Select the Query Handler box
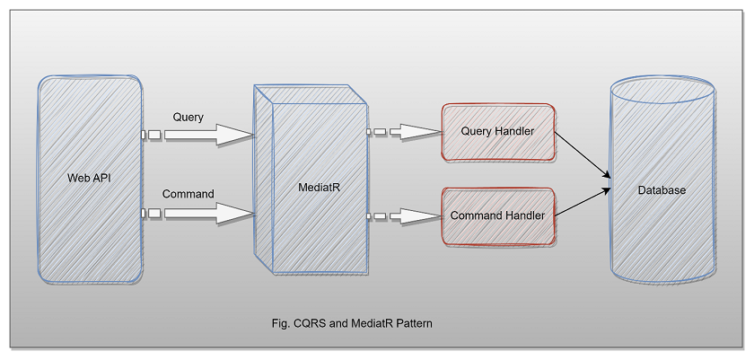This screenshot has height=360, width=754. coord(497,132)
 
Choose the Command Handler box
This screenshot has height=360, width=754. coord(497,215)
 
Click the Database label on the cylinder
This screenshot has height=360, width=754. coord(662,190)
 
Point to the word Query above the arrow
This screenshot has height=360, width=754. coord(189,117)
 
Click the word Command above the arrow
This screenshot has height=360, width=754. coord(188,194)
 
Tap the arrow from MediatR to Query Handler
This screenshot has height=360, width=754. coord(408,132)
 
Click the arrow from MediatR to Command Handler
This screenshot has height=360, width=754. coord(408,215)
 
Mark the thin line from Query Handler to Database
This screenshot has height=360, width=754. coord(583,154)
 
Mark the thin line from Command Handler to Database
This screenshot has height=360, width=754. coord(583,202)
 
